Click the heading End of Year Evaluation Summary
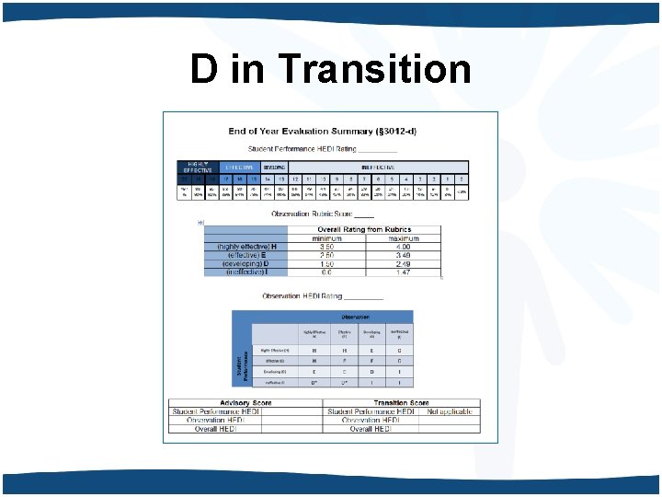(x=322, y=132)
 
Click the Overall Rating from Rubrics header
(x=364, y=229)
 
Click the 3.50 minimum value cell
(x=325, y=247)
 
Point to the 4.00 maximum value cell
(x=403, y=247)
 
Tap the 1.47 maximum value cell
(x=403, y=272)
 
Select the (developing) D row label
(x=243, y=263)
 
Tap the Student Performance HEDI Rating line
(x=322, y=149)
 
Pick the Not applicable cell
(x=450, y=411)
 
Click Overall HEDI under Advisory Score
(x=215, y=429)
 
